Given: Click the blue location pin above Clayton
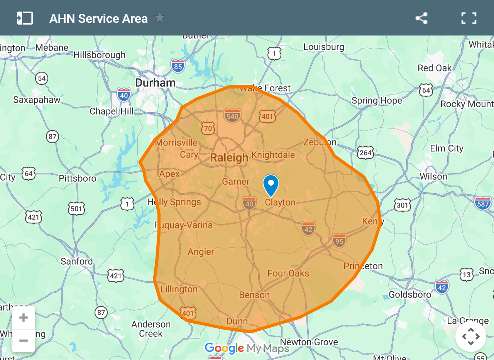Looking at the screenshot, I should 271,184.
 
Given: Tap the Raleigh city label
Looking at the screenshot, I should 229,158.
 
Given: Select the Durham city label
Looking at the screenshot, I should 155,83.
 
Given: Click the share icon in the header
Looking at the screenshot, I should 421,18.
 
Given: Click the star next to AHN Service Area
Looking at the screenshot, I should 159,18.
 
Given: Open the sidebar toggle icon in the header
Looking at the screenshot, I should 25,18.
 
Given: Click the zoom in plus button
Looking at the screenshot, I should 24,318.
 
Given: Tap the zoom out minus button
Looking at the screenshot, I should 24,341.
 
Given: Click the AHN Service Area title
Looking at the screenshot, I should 98,19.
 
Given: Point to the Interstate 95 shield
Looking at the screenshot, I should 339,240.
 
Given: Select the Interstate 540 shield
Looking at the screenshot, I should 232,115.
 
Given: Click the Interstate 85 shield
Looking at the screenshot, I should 178,66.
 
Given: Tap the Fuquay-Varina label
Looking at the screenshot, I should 184,225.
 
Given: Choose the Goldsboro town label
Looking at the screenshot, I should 410,295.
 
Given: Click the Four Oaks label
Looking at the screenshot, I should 288,274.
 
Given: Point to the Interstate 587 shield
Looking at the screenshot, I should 483,203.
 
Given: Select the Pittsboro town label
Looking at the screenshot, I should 77,179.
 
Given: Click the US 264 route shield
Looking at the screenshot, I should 365,152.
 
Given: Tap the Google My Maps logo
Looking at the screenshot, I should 247,348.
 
